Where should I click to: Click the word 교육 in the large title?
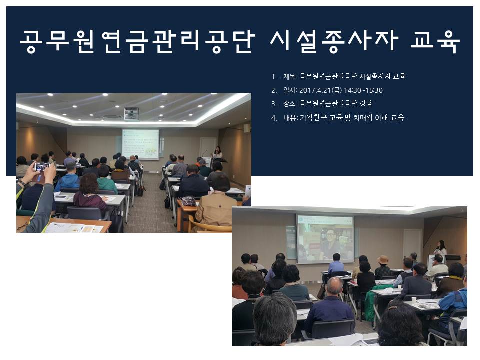[435, 41]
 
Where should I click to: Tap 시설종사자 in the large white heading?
[334, 41]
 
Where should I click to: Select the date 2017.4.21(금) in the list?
[320, 90]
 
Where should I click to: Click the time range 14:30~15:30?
[363, 90]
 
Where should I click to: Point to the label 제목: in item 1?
[290, 76]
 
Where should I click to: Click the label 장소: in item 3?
[290, 104]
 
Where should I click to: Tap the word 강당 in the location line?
[366, 104]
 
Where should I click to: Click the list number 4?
[274, 118]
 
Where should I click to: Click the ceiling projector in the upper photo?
[131, 114]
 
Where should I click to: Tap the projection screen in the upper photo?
[140, 144]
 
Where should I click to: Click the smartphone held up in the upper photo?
[42, 167]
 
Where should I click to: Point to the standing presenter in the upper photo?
[218, 154]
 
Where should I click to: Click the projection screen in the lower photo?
[325, 239]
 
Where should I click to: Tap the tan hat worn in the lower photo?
[382, 260]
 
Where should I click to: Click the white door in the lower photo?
[412, 243]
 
